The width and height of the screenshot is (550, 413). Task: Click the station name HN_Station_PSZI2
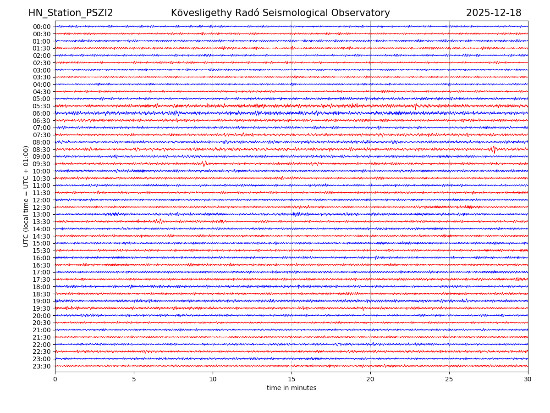(71, 13)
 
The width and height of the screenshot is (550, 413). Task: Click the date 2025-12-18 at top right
(494, 13)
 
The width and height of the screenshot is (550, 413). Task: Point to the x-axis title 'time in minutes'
(291, 388)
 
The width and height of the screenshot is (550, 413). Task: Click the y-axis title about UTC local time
(26, 196)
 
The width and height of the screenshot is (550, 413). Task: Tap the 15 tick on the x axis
(291, 380)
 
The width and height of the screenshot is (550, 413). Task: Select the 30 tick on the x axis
(528, 380)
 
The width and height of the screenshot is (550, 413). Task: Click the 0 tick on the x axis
(55, 380)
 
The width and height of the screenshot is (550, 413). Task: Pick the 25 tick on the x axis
(449, 380)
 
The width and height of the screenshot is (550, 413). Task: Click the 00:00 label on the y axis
(42, 27)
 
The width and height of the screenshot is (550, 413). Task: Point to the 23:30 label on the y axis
(42, 366)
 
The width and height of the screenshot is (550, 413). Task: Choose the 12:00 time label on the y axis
(42, 200)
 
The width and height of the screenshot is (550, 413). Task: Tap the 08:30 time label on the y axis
(42, 150)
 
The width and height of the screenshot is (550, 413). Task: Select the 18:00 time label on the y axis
(42, 287)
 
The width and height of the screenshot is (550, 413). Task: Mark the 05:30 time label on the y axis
(42, 106)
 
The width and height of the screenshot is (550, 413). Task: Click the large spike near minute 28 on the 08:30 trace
(493, 149)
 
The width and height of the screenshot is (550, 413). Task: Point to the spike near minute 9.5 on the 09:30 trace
(204, 163)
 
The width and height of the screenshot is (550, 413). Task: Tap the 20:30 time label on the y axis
(42, 323)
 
